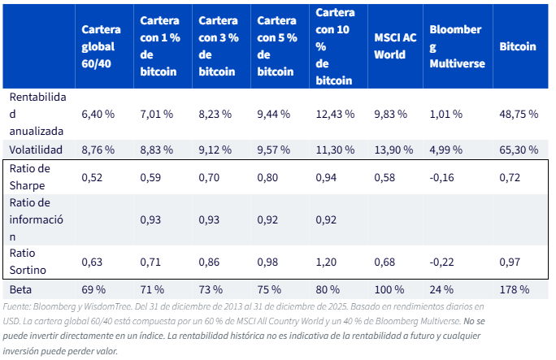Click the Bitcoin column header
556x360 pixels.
click(517, 46)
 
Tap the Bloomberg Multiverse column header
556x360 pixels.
click(456, 46)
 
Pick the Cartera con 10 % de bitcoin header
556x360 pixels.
click(334, 46)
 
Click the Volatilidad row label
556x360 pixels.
click(36, 150)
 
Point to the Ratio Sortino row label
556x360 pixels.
click(28, 261)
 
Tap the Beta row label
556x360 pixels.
click(21, 289)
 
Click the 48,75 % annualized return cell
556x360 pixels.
click(518, 115)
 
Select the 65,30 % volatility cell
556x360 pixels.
click(518, 150)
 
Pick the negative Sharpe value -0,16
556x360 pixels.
click(443, 176)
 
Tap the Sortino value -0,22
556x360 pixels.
click(443, 262)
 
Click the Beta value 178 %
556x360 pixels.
click(514, 289)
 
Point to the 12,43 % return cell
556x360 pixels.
click(334, 115)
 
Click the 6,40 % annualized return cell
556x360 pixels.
click(98, 115)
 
